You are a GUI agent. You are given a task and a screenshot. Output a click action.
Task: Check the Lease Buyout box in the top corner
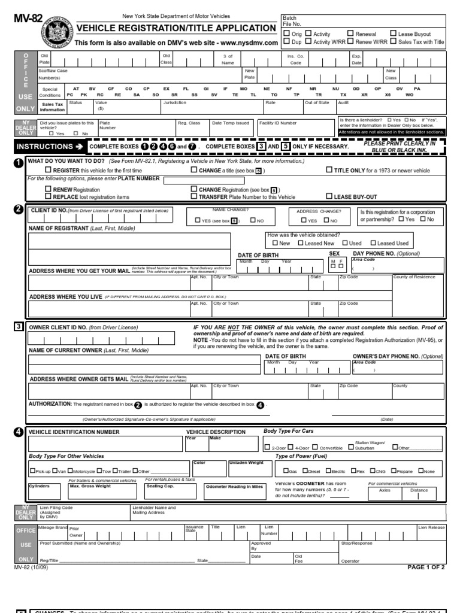pyautogui.click(x=393, y=34)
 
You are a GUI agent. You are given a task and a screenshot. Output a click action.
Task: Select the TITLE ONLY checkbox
pyautogui.click(x=329, y=171)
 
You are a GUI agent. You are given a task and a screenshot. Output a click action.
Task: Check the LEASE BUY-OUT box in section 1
pyautogui.click(x=329, y=196)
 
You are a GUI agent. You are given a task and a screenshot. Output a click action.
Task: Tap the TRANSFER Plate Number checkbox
pyautogui.click(x=193, y=196)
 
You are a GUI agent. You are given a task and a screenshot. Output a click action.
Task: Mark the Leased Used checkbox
pyautogui.click(x=373, y=243)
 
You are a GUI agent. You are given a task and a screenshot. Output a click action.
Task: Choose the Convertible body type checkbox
pyautogui.click(x=315, y=448)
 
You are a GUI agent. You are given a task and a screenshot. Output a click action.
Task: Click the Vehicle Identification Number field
pyautogui.click(x=105, y=444)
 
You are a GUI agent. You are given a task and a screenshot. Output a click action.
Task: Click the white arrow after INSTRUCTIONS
pyautogui.click(x=78, y=147)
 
